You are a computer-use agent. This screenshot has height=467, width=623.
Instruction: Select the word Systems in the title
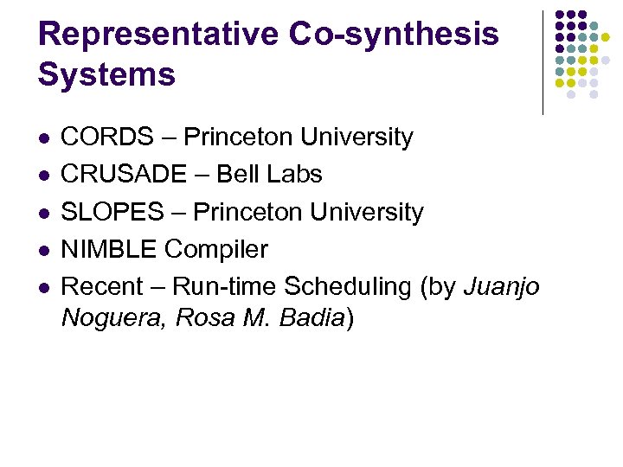click(x=106, y=75)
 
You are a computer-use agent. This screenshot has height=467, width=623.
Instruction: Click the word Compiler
click(x=217, y=250)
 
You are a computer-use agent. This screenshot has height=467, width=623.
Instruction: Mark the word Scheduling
click(x=348, y=287)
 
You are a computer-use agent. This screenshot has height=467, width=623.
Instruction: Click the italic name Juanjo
click(x=502, y=287)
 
